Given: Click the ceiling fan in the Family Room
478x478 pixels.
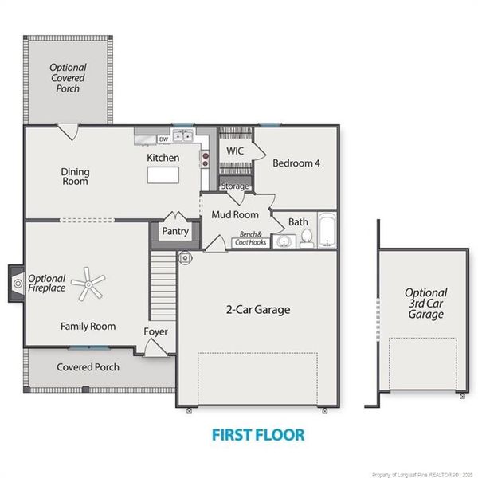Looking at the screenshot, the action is coord(88,284).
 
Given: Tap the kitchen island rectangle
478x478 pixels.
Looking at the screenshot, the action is coord(163,175).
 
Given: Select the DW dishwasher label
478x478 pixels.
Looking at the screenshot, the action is coord(163,139).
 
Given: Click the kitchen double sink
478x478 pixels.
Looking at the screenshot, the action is coord(183,135).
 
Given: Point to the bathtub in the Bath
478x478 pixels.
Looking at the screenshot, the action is coord(327,230).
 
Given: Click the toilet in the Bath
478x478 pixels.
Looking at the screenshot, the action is coord(307,238).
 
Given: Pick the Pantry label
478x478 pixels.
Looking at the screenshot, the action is coord(175,231).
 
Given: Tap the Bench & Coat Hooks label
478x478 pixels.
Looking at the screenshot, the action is coord(251,238).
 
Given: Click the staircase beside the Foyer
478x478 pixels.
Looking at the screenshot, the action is coord(163,285).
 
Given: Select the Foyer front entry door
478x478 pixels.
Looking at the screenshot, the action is coord(155,348).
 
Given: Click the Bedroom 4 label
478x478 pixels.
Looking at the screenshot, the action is coord(296,163).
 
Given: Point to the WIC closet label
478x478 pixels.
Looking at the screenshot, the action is coord(235,151).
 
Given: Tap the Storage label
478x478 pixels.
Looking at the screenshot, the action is coord(235,186).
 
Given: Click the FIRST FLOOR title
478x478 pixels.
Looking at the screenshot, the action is coord(258,435).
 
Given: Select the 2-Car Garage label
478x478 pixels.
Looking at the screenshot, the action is coord(258,310).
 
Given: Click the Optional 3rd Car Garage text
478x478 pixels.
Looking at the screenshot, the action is coord(426,304).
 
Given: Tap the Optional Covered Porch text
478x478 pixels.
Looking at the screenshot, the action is coord(68,78).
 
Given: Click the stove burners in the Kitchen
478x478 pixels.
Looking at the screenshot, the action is coord(206,160).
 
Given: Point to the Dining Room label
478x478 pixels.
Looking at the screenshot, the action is coord(75,177).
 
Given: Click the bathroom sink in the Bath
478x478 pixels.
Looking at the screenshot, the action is coord(284,241).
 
